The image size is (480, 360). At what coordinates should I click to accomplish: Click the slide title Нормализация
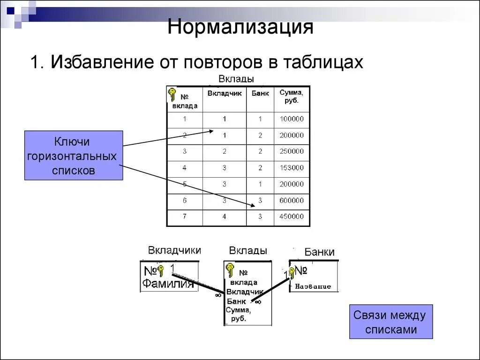click(x=240, y=27)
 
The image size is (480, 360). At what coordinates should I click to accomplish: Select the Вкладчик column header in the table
click(x=225, y=93)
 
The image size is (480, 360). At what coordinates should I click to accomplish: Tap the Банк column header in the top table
click(x=260, y=93)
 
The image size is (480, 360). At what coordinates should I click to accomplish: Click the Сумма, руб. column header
click(x=291, y=97)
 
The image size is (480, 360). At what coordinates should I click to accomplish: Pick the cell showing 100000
click(x=292, y=119)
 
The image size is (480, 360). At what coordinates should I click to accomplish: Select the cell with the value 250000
click(x=292, y=151)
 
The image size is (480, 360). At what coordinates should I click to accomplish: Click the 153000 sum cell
click(x=292, y=167)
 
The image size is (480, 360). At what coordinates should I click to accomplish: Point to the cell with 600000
click(x=292, y=200)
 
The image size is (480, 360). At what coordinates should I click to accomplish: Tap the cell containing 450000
click(x=292, y=217)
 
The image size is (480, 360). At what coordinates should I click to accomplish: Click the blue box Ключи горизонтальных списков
click(x=74, y=156)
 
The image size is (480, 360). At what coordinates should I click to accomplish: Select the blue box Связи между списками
click(x=391, y=322)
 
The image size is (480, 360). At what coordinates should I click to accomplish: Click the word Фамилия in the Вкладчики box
click(x=168, y=284)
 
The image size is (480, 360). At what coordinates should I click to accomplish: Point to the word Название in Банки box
click(x=313, y=286)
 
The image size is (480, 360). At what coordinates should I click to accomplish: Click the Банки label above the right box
click(x=319, y=252)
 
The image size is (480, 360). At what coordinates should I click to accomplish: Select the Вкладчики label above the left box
click(x=174, y=250)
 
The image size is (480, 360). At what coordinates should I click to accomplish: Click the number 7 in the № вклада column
click(x=185, y=217)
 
